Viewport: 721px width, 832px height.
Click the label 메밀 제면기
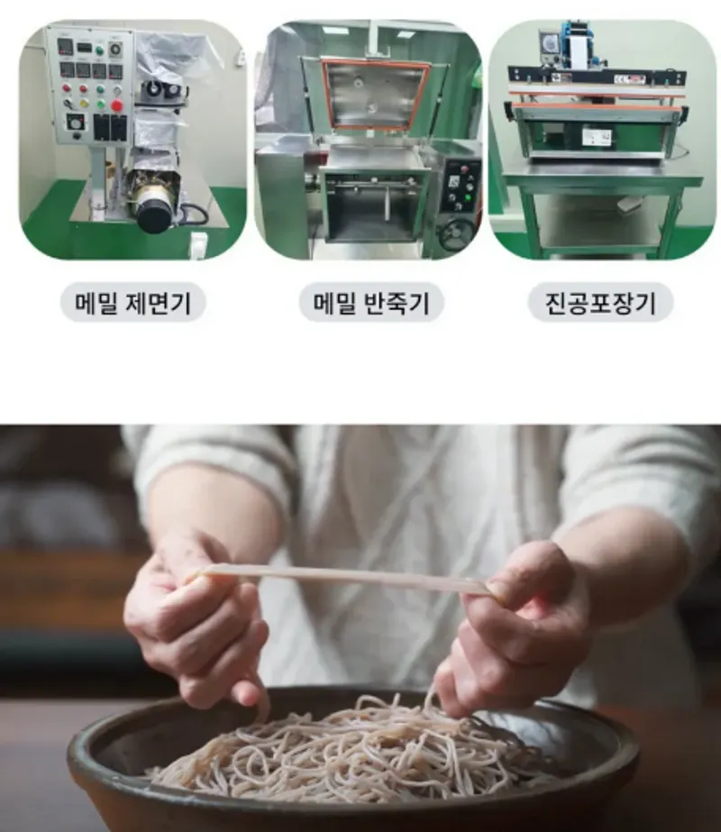click(132, 303)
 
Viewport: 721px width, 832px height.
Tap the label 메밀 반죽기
click(371, 303)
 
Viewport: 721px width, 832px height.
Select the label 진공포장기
click(600, 303)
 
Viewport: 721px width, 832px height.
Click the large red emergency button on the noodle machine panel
click(117, 105)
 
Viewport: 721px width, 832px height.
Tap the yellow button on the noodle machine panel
click(84, 104)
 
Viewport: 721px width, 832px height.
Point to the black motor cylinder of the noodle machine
click(153, 214)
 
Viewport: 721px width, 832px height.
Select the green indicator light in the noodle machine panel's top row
click(99, 50)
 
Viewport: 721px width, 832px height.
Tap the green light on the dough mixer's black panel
click(468, 198)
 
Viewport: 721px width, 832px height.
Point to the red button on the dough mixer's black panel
click(465, 169)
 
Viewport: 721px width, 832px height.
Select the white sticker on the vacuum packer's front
click(597, 137)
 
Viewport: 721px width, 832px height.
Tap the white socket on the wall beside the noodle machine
click(198, 245)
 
